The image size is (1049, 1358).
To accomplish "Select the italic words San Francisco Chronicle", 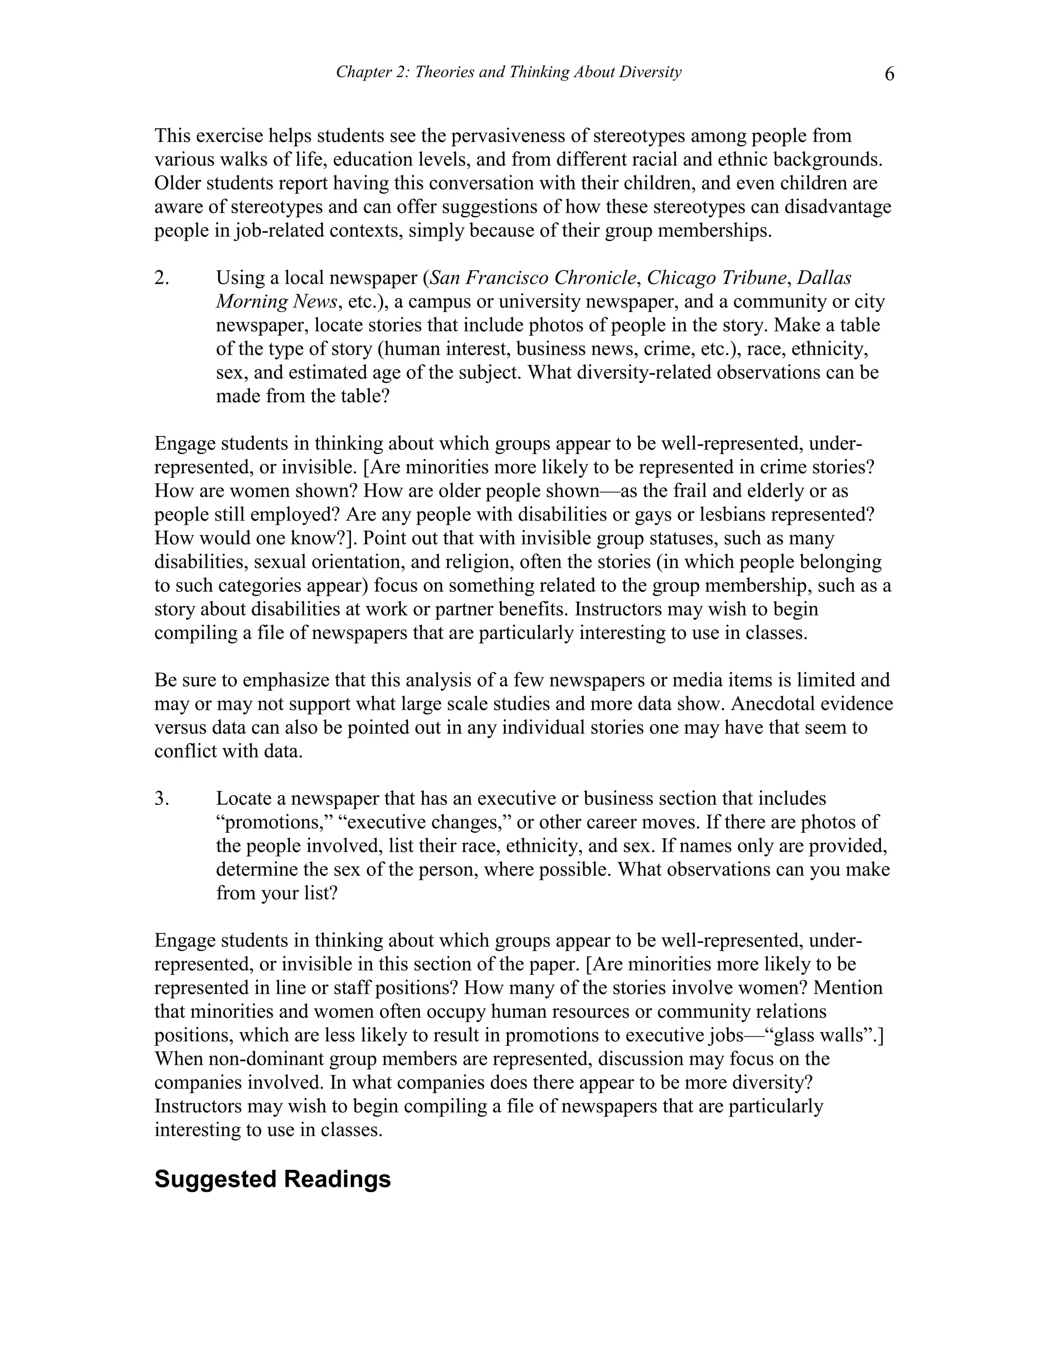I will tap(533, 278).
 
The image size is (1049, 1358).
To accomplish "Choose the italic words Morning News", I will tap(277, 301).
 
